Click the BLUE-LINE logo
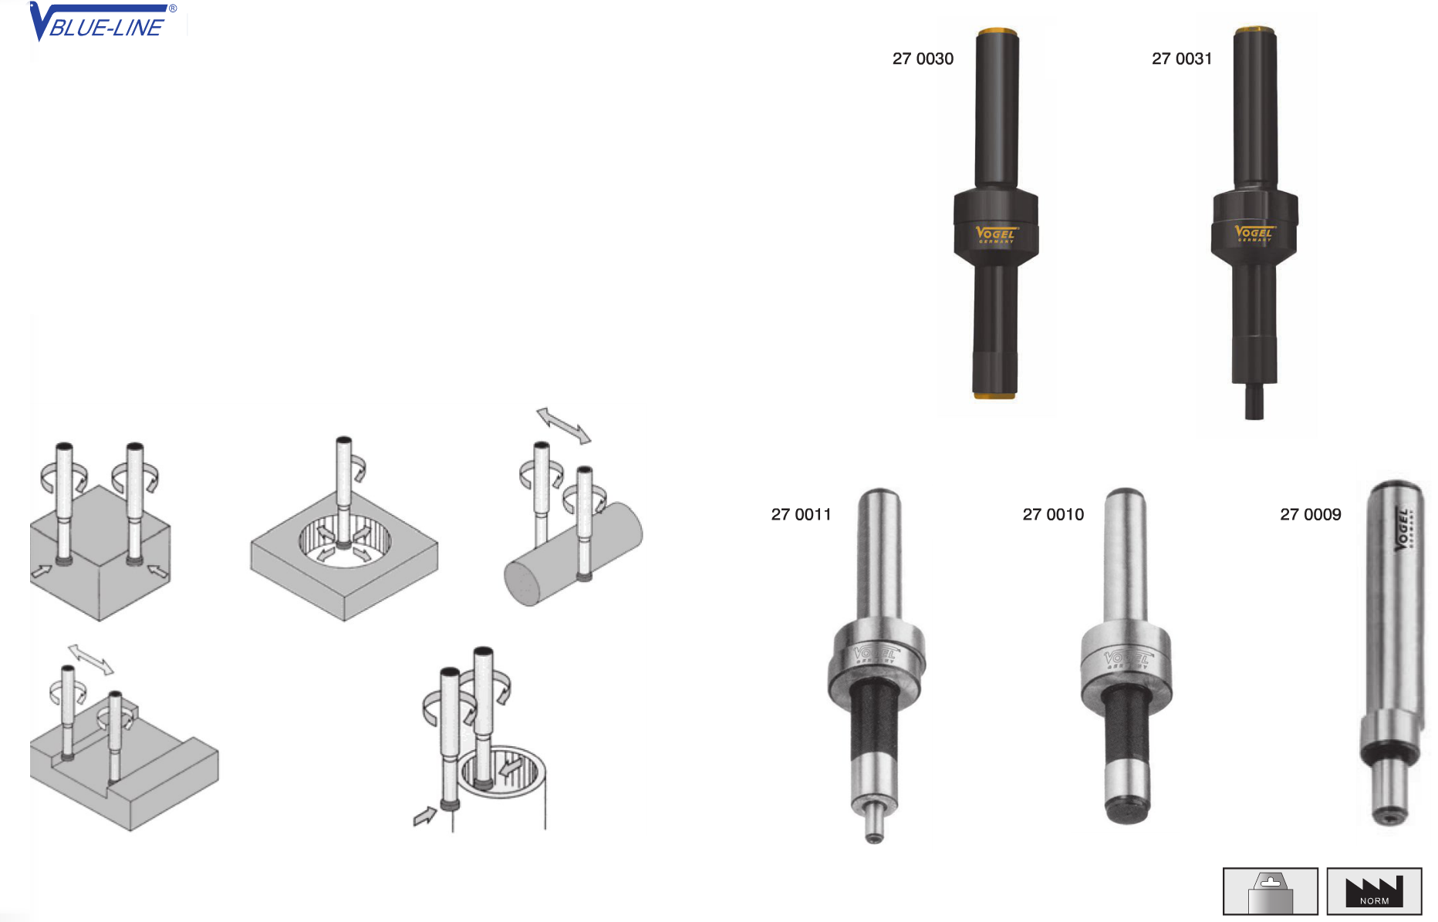click(x=103, y=22)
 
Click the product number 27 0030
click(x=923, y=59)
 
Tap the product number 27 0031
click(x=1182, y=59)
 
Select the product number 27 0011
click(x=801, y=514)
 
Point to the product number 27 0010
click(x=1053, y=514)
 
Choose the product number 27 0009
click(x=1311, y=514)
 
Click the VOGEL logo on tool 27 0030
click(x=996, y=234)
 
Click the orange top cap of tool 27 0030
click(x=997, y=33)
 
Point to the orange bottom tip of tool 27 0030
click(x=994, y=395)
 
